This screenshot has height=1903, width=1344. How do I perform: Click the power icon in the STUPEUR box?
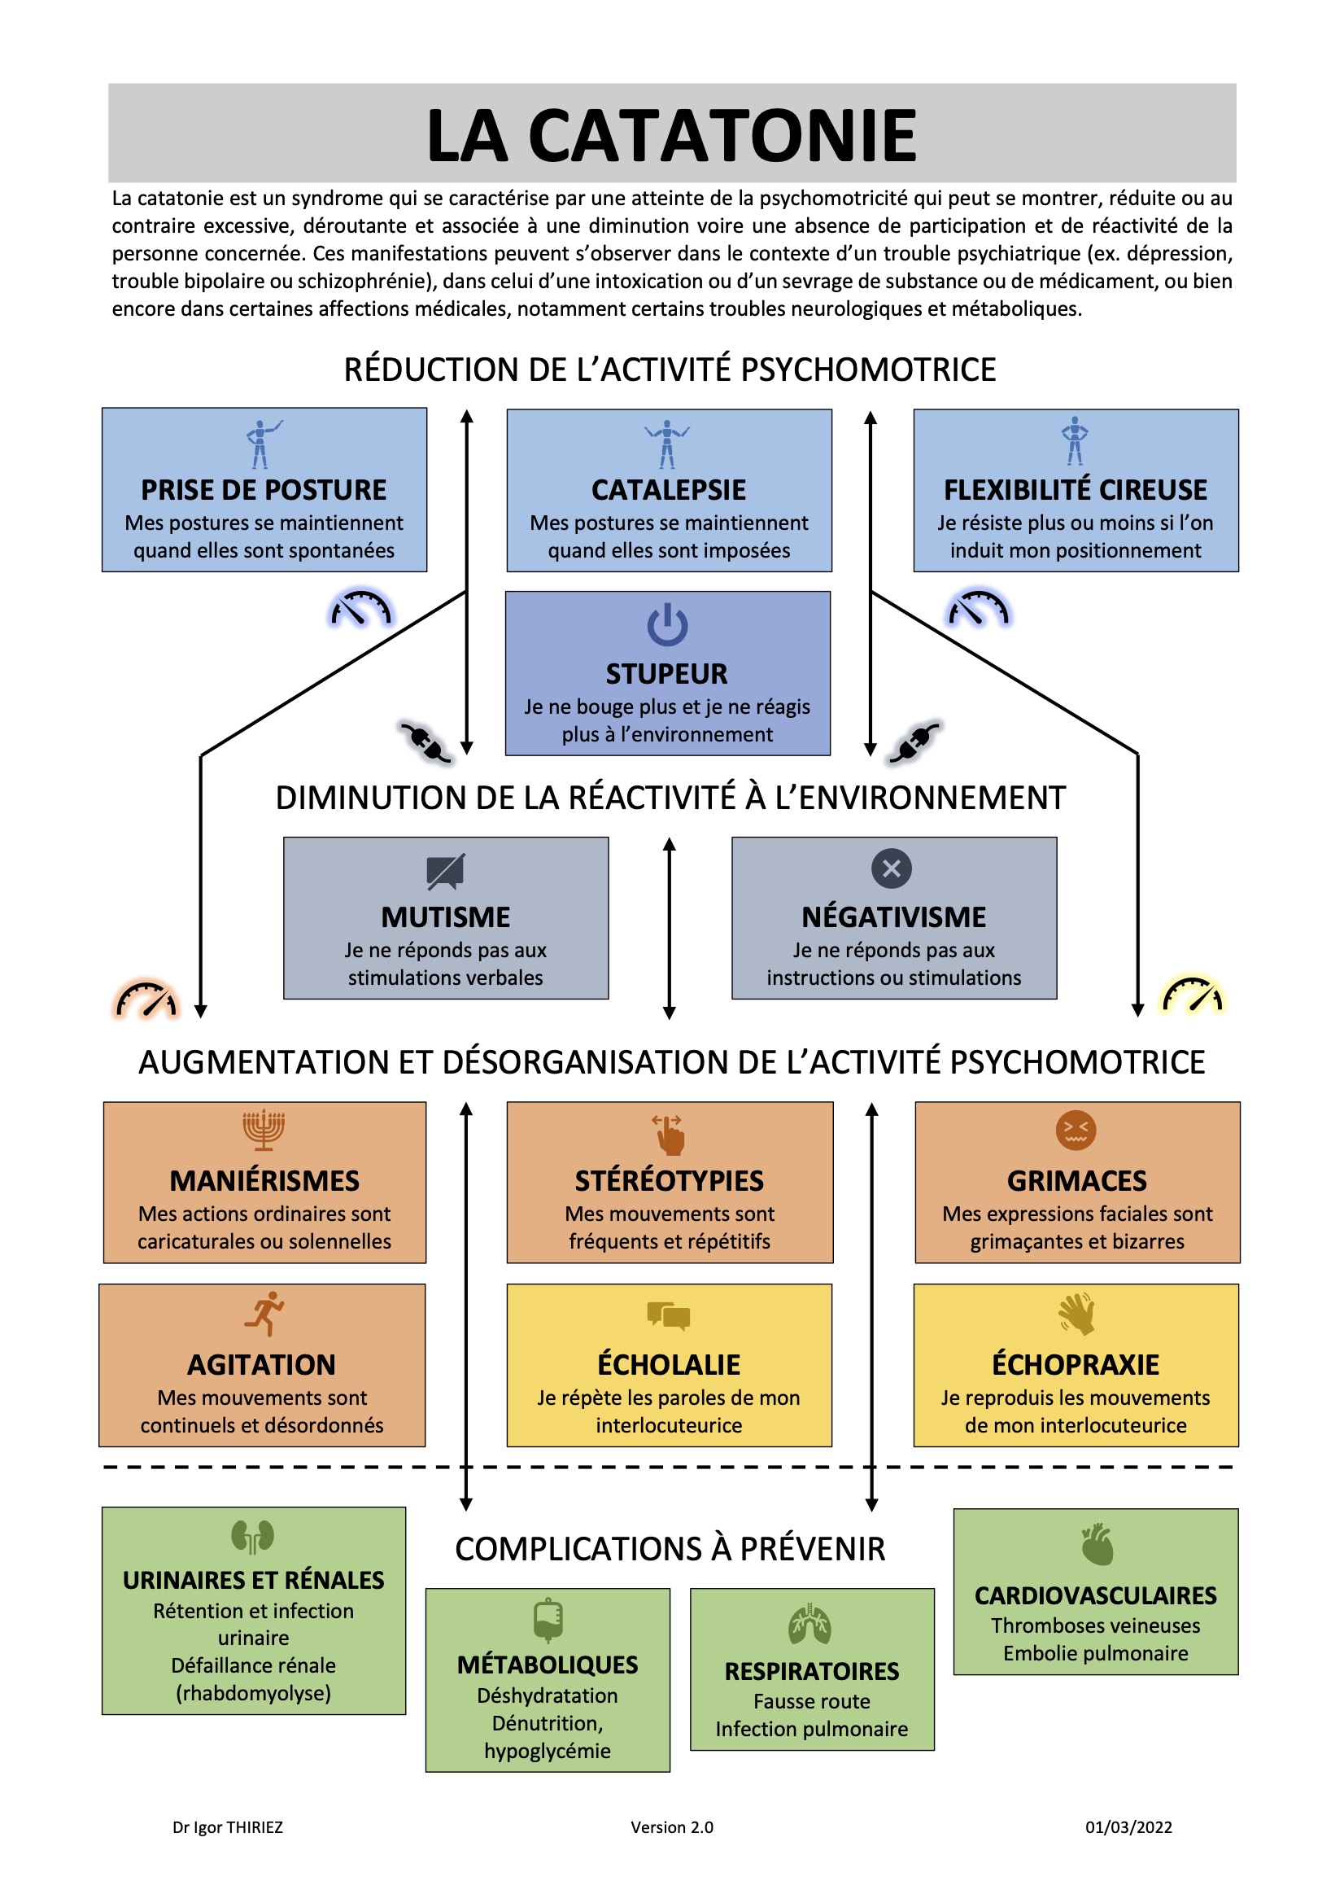667,626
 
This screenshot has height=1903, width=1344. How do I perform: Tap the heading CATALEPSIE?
669,490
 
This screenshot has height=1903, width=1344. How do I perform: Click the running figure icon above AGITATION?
264,1313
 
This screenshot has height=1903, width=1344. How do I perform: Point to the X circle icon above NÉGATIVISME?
892,868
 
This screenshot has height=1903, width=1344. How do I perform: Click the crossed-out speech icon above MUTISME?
446,872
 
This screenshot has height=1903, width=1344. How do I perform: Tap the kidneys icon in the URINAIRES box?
253,1537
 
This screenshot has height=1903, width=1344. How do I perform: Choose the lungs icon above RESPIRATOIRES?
809,1625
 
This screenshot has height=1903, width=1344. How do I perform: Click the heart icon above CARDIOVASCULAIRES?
1097,1544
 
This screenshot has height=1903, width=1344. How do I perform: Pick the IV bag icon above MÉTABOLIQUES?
548,1621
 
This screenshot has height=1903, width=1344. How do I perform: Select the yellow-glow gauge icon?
1193,995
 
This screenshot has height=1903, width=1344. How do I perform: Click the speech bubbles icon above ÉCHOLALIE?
669,1315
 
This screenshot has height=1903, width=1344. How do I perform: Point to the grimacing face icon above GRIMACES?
1076,1130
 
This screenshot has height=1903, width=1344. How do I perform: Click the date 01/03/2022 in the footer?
1128,1826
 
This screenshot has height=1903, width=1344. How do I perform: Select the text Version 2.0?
672,1826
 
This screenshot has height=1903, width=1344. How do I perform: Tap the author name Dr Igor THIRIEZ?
228,1826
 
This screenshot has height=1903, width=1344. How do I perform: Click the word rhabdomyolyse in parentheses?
254,1692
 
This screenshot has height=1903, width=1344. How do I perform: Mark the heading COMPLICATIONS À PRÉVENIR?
670,1548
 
